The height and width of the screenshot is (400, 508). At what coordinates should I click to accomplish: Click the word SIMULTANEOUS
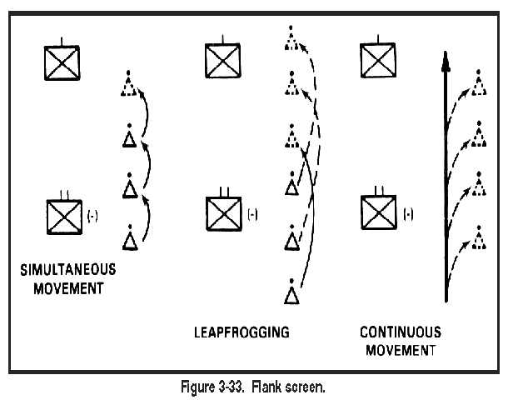(68, 270)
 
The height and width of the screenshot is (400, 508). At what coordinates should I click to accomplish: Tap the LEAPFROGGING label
(242, 332)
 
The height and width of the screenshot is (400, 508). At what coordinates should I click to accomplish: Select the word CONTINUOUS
(401, 332)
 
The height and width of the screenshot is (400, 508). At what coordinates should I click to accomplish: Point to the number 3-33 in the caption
(231, 387)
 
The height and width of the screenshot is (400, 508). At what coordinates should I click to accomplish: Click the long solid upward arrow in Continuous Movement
(446, 177)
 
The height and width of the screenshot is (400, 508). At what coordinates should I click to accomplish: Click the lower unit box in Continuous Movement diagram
(379, 212)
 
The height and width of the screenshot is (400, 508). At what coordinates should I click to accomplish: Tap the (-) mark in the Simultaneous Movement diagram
(92, 216)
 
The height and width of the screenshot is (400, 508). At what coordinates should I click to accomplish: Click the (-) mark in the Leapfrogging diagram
(252, 214)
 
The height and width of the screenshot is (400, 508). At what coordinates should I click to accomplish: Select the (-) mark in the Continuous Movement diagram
(408, 214)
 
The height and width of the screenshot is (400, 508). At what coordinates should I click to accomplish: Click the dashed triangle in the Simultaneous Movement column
(128, 83)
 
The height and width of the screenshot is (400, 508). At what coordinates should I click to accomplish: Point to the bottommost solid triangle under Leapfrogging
(291, 292)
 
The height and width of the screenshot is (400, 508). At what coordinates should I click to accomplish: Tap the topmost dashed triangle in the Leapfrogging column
(291, 38)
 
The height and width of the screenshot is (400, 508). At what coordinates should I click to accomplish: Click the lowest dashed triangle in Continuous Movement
(479, 237)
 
